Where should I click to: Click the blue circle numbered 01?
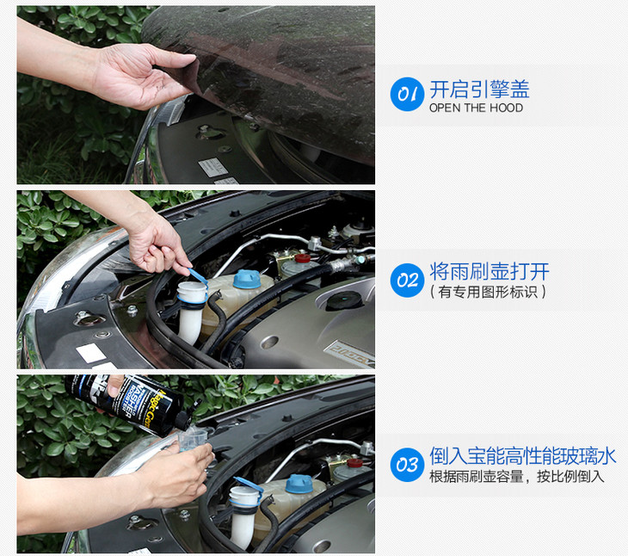pos(407,94)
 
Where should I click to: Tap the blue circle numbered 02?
pos(407,280)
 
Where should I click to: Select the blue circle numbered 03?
pos(407,465)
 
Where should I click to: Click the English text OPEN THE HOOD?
pos(476,108)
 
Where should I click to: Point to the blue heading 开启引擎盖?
pos(479,89)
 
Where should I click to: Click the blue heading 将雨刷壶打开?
pos(489,272)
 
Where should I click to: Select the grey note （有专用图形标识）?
pos(488,292)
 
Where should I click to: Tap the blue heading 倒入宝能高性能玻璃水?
pos(523,456)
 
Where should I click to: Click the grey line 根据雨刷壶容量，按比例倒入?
pos(517,477)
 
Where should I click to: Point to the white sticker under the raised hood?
pos(213,167)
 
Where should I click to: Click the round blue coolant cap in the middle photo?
pos(247,279)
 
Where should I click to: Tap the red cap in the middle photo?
pos(303,258)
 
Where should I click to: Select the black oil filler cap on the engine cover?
pos(344,300)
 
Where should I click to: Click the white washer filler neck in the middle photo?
pos(191,311)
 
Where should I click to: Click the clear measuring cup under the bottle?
pos(192,439)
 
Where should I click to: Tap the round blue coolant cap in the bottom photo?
pos(299,484)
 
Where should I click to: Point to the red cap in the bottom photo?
pos(354,463)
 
